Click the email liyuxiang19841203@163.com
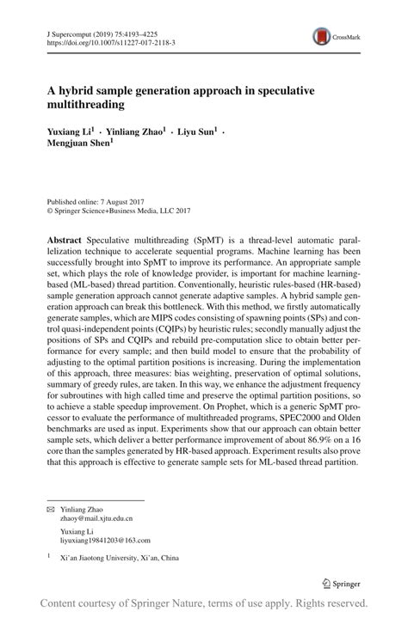(x=105, y=540)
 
